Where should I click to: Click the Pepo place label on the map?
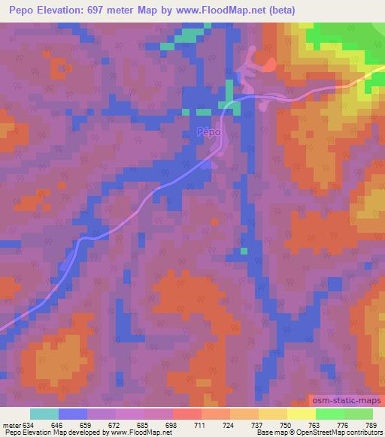tap(209, 132)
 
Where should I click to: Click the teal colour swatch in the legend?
tap(44, 414)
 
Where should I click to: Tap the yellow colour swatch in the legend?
tap(301, 414)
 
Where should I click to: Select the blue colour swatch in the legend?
tap(73, 414)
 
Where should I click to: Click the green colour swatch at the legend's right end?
tap(358, 414)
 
